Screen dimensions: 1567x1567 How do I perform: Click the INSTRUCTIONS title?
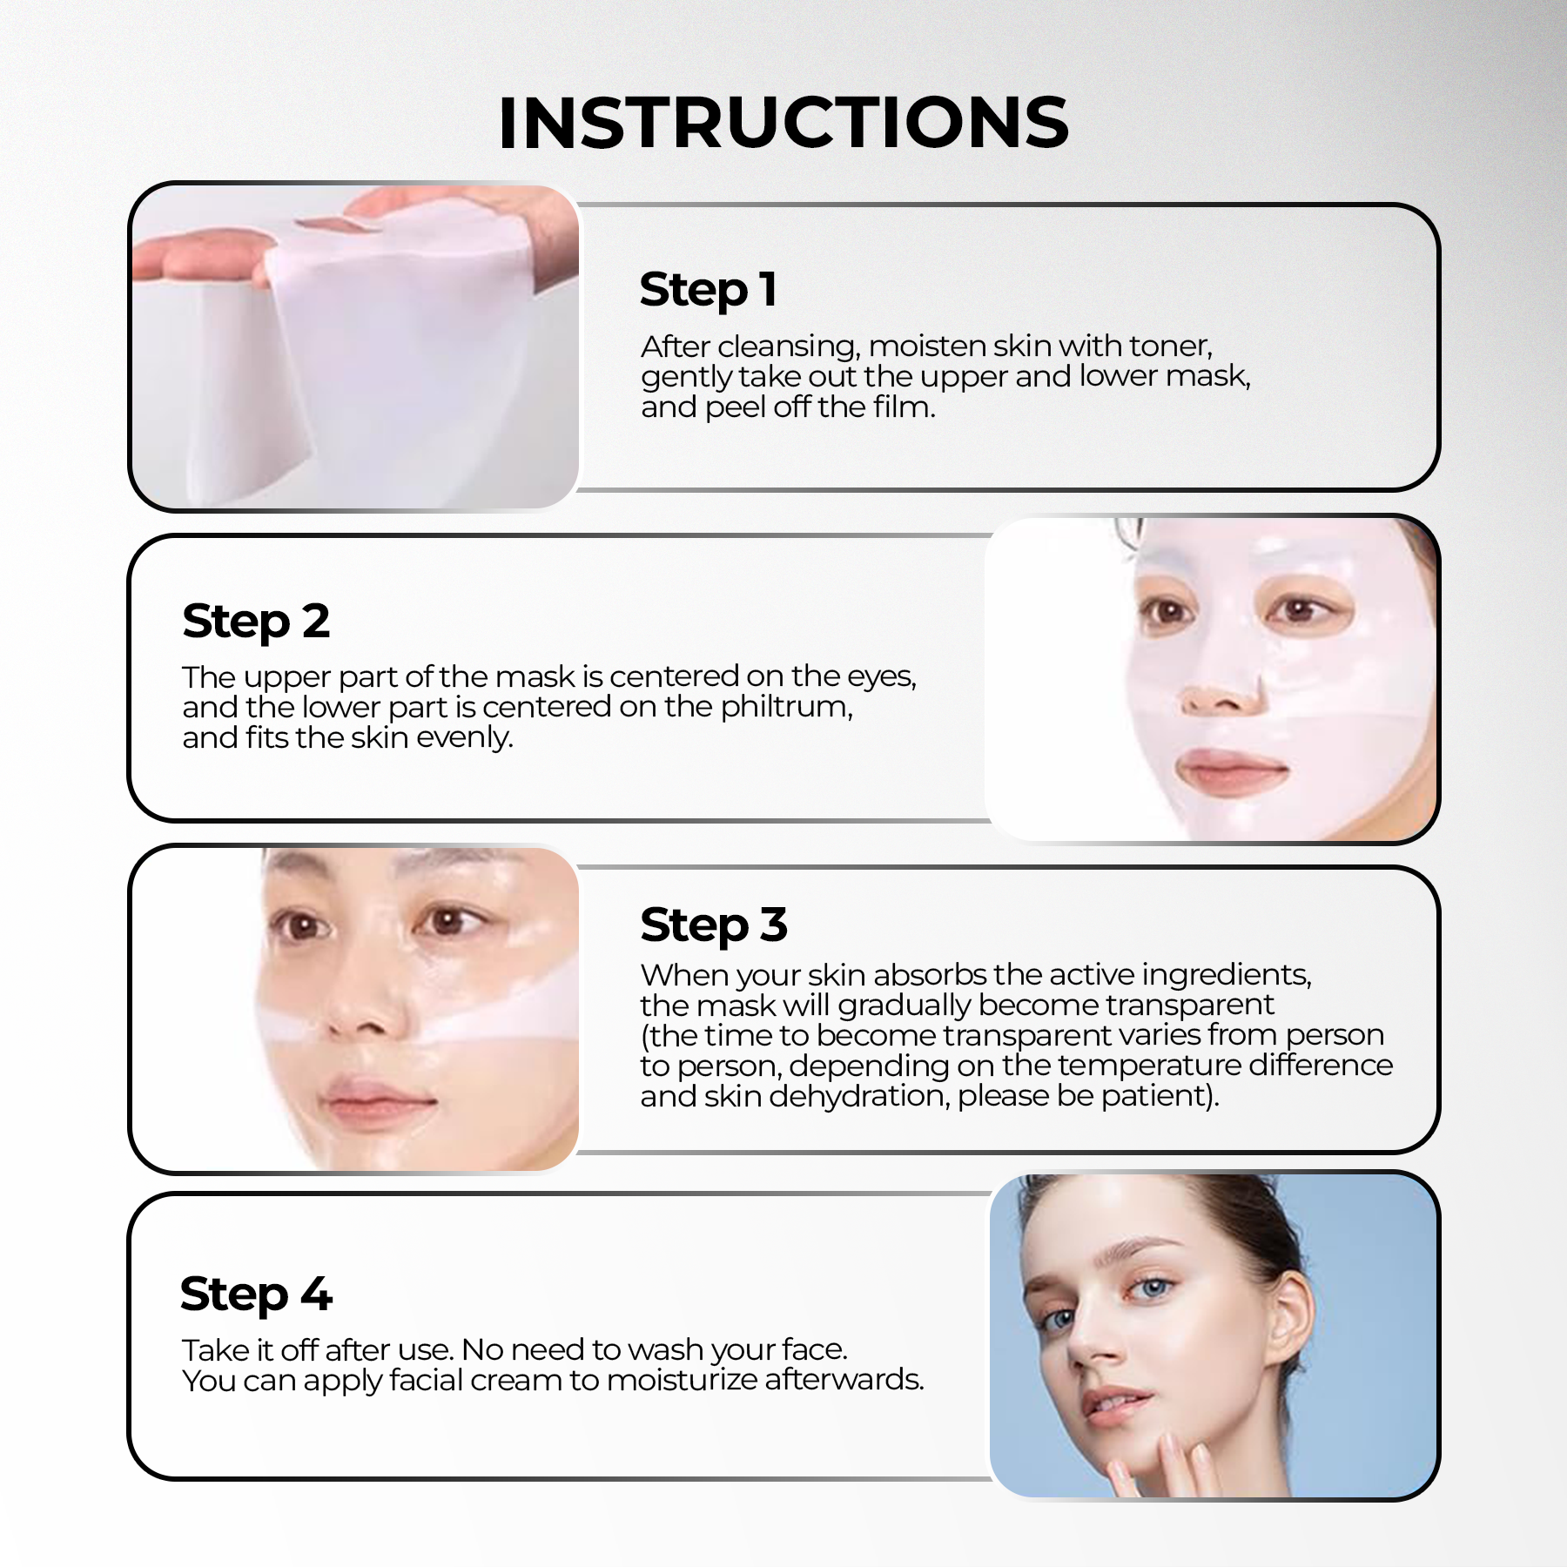point(783,123)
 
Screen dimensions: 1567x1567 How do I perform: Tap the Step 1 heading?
point(708,290)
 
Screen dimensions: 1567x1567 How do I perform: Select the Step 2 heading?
point(256,622)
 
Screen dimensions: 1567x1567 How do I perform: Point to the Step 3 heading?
point(714,925)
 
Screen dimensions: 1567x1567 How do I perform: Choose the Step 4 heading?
point(256,1295)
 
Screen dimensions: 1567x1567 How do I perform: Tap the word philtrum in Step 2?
point(787,708)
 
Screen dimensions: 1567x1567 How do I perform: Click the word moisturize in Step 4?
point(683,1380)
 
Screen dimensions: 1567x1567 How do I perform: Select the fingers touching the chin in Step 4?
point(1167,1463)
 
